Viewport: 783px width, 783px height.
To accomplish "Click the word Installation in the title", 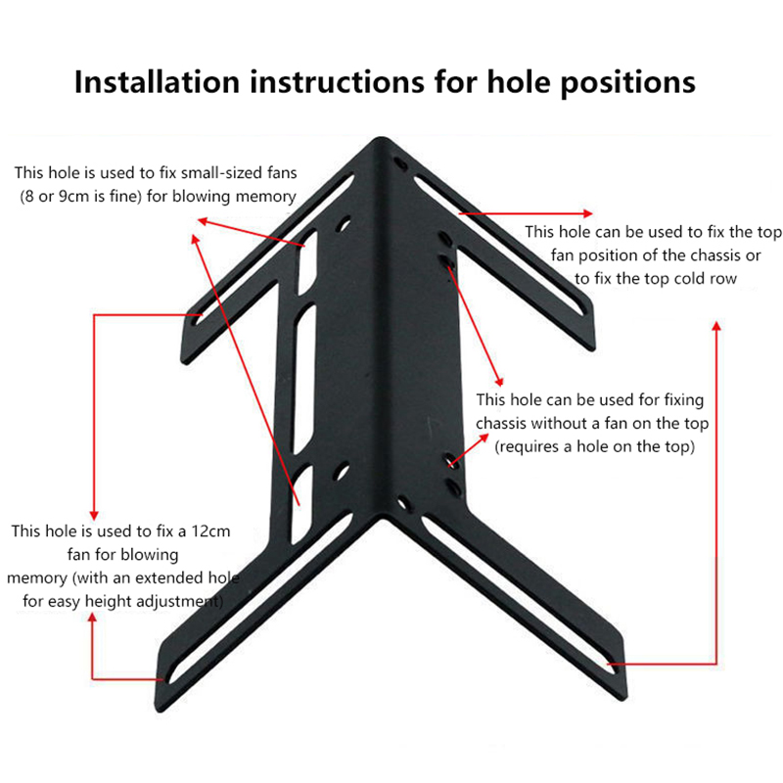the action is (157, 82).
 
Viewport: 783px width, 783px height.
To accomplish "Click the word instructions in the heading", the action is (337, 82).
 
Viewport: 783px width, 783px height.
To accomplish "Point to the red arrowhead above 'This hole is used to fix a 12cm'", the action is (94, 515).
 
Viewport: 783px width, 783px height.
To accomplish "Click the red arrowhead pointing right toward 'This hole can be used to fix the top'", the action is (588, 213).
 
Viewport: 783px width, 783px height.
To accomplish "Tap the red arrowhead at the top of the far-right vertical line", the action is (716, 326).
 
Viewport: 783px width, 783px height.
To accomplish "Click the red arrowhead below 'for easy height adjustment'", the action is (92, 618).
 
